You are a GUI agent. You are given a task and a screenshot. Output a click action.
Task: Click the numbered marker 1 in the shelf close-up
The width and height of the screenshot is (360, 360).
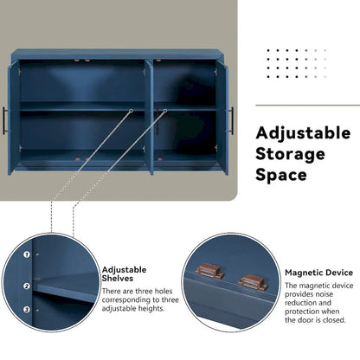(26, 255)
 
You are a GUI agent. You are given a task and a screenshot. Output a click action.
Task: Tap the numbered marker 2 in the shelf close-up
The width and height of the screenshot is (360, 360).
(26, 286)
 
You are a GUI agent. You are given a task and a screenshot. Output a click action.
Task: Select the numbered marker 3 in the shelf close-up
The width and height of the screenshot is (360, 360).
(26, 309)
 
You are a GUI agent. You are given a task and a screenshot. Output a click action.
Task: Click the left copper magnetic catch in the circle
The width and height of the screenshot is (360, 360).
(211, 270)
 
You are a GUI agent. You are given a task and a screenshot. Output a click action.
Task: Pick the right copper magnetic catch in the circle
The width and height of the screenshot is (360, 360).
(252, 280)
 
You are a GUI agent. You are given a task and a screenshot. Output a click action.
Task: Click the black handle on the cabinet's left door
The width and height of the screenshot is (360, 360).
(5, 120)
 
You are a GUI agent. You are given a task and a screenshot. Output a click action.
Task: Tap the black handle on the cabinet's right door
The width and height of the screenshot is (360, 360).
(231, 120)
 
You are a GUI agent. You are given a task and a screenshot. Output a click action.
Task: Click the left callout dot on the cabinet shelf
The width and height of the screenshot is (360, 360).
(131, 111)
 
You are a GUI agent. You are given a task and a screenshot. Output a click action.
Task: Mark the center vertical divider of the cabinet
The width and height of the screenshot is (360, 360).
(150, 112)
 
